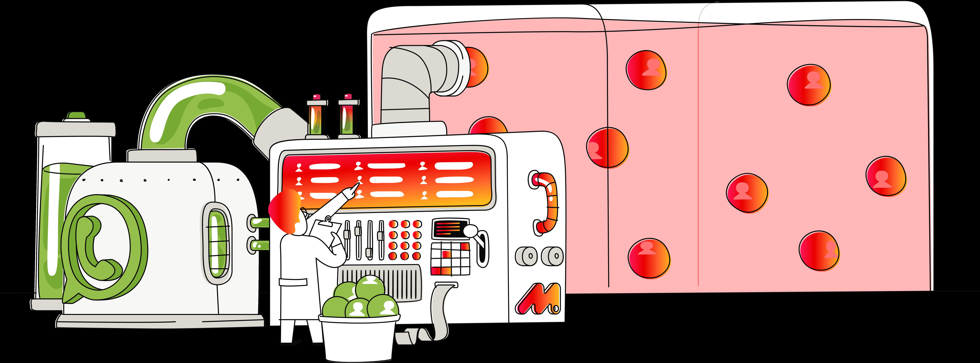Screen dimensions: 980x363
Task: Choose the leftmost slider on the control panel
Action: [347, 240]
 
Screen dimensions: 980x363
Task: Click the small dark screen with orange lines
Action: [450, 228]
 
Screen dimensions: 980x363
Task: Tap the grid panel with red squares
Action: [450, 259]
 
